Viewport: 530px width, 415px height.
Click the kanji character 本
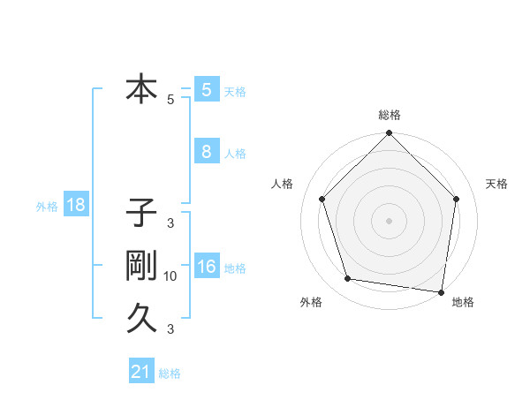point(141,89)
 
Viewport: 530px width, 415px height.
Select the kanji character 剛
point(141,266)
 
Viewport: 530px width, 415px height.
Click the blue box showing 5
point(207,90)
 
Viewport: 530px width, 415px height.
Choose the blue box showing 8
point(207,152)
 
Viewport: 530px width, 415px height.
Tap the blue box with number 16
point(207,267)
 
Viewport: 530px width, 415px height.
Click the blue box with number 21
point(141,372)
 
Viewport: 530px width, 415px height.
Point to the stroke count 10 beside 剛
point(170,276)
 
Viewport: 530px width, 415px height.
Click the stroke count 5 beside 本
point(170,100)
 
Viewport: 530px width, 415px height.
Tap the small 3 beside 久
point(170,329)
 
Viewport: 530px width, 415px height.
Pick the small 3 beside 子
point(170,223)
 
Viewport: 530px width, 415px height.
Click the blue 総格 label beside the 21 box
point(170,373)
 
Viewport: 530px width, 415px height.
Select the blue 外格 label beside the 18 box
point(47,207)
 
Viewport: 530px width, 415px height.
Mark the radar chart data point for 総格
point(389,134)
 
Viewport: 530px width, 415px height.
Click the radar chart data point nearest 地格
point(441,291)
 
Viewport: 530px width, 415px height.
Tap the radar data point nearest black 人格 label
point(322,199)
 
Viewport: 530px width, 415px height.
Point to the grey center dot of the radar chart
point(389,220)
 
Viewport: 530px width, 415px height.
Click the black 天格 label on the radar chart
point(497,184)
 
